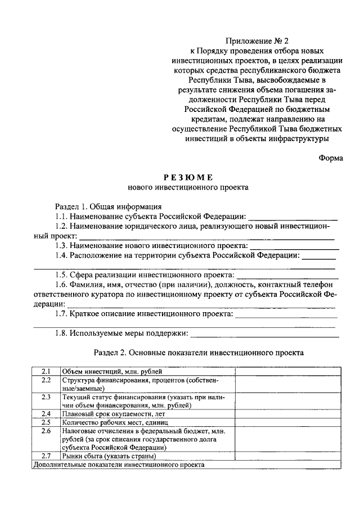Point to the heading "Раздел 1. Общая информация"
pos(108,206)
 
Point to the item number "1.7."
pos(62,314)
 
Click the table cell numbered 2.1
pos(46,372)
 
